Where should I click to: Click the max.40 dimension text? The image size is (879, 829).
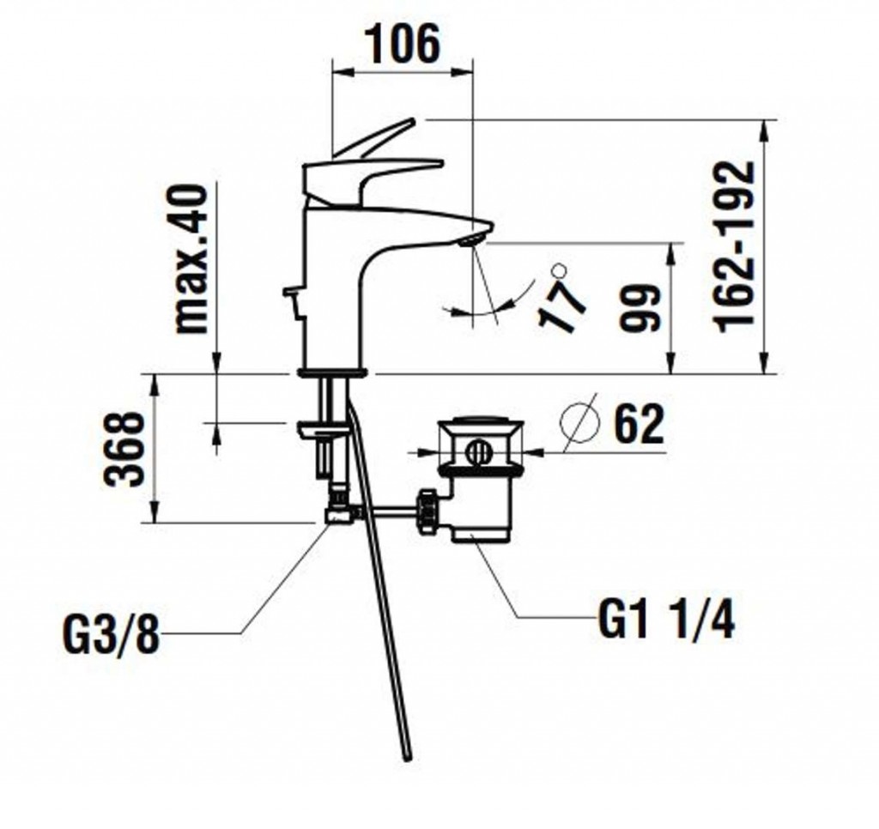click(191, 259)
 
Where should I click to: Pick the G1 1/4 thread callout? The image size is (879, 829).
click(666, 620)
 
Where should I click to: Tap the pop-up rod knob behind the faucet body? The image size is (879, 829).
click(290, 292)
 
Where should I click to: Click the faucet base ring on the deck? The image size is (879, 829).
click(332, 372)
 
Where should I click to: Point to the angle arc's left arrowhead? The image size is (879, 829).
click(448, 308)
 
